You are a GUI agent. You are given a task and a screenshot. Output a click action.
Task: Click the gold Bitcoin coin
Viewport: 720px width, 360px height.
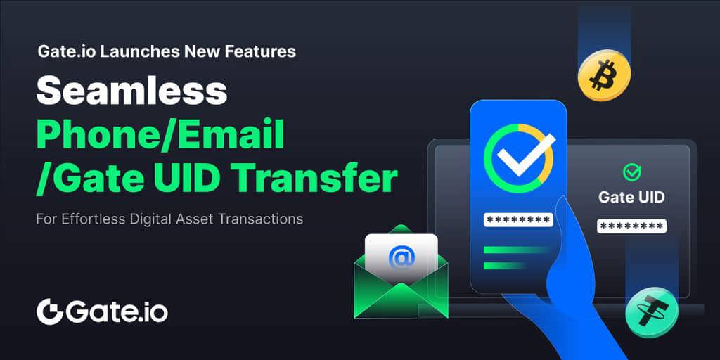coord(604,75)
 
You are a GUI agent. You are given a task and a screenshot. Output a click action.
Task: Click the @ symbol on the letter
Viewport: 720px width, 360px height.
coord(401,257)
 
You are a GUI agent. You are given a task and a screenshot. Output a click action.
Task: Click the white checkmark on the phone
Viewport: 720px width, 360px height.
coord(526,154)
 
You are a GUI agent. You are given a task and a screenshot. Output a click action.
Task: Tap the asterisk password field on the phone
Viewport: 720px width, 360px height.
coord(518,219)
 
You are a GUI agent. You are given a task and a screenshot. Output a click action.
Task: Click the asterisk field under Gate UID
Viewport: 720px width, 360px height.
coord(631,226)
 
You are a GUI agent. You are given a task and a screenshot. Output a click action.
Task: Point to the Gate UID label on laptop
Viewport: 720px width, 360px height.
coord(631,198)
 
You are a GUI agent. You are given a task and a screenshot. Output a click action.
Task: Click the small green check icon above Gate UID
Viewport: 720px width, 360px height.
coord(632,172)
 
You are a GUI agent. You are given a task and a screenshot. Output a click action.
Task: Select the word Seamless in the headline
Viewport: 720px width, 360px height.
coord(131,92)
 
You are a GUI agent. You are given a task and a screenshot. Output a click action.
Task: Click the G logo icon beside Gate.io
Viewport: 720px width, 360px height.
coord(49,311)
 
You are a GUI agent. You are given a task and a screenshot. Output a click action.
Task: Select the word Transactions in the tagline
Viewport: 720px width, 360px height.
coord(260,219)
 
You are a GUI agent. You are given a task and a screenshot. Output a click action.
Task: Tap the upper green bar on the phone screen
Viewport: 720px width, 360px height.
coord(515,250)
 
